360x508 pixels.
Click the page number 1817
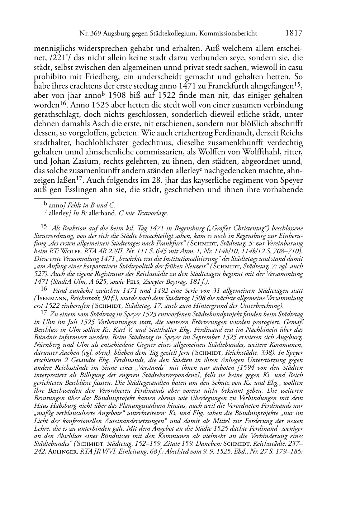[x=294, y=33]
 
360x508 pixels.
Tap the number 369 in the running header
[x=95, y=34]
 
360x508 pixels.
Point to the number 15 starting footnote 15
[x=44, y=227]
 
